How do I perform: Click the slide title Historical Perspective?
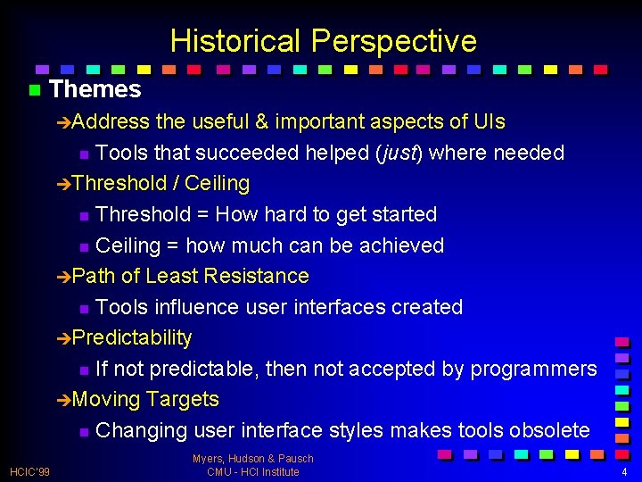tap(323, 41)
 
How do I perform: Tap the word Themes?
tap(95, 89)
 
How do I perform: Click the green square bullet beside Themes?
tap(35, 90)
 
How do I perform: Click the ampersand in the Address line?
tap(259, 121)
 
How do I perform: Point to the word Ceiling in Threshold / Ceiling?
tap(217, 183)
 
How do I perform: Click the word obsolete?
tap(549, 430)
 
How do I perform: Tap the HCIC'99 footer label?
tap(29, 470)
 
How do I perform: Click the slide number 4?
tap(624, 471)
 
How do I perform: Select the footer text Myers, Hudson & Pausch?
tap(253, 459)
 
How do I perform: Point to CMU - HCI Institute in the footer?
tap(253, 471)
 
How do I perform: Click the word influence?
tap(195, 307)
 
